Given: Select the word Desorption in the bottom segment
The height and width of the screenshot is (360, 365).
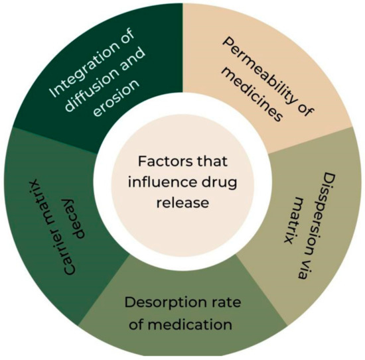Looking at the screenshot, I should pyautogui.click(x=162, y=307).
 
